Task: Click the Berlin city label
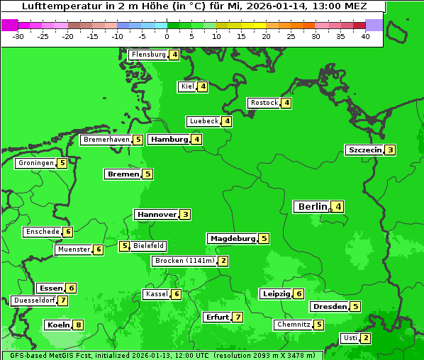[312, 207]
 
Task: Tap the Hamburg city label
[169, 139]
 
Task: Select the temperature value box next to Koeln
[79, 325]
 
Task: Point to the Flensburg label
[148, 55]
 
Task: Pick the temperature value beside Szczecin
[391, 150]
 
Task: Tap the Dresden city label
[330, 307]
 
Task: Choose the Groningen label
[36, 163]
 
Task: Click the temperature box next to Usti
[366, 338]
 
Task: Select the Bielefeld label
[149, 246]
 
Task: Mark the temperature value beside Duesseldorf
[64, 300]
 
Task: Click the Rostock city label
[264, 103]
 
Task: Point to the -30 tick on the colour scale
[18, 35]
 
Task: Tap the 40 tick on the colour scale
[365, 35]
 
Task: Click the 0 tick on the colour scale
[167, 35]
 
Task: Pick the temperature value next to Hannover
[185, 214]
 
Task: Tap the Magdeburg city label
[233, 239]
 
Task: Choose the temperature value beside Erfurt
[238, 317]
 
